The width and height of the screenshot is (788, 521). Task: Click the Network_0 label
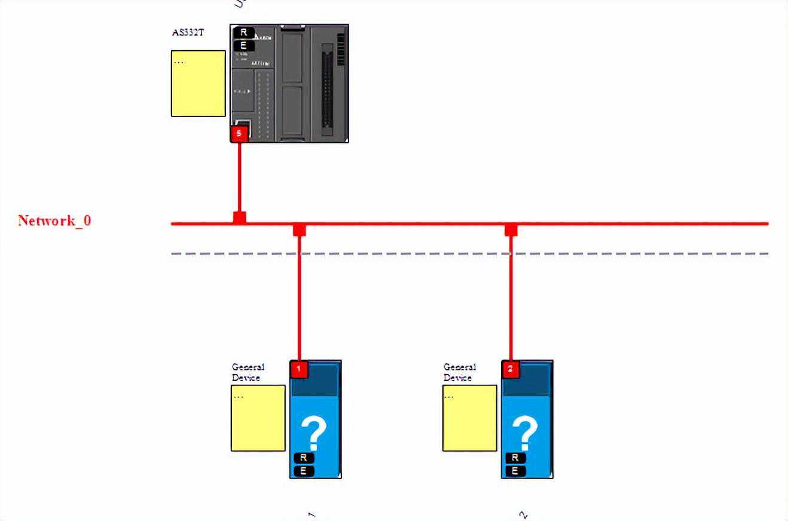tap(54, 220)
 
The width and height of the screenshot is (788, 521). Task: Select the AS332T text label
tap(188, 32)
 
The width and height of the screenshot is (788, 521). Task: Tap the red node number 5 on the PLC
tap(239, 133)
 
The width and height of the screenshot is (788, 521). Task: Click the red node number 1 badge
tap(299, 369)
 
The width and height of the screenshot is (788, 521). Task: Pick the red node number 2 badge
tap(511, 369)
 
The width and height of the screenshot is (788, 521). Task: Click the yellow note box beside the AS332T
tap(198, 83)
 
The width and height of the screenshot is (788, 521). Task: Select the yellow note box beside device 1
tap(258, 418)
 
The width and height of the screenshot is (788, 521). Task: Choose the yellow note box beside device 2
tap(469, 418)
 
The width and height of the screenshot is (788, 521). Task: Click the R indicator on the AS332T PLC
tap(243, 32)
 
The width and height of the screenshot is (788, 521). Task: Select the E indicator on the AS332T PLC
tap(243, 45)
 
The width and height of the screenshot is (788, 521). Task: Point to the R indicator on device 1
tap(303, 458)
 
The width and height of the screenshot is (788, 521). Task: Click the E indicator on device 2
tap(515, 471)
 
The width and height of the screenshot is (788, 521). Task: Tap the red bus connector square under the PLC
tap(239, 217)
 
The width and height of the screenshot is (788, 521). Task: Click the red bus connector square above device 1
tap(300, 230)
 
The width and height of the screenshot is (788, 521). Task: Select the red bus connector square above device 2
tap(511, 230)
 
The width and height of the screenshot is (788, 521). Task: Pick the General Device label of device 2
tap(460, 372)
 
